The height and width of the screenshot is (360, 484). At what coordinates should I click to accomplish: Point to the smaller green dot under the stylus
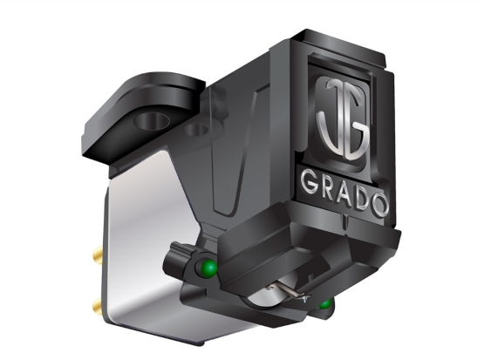click(326, 304)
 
